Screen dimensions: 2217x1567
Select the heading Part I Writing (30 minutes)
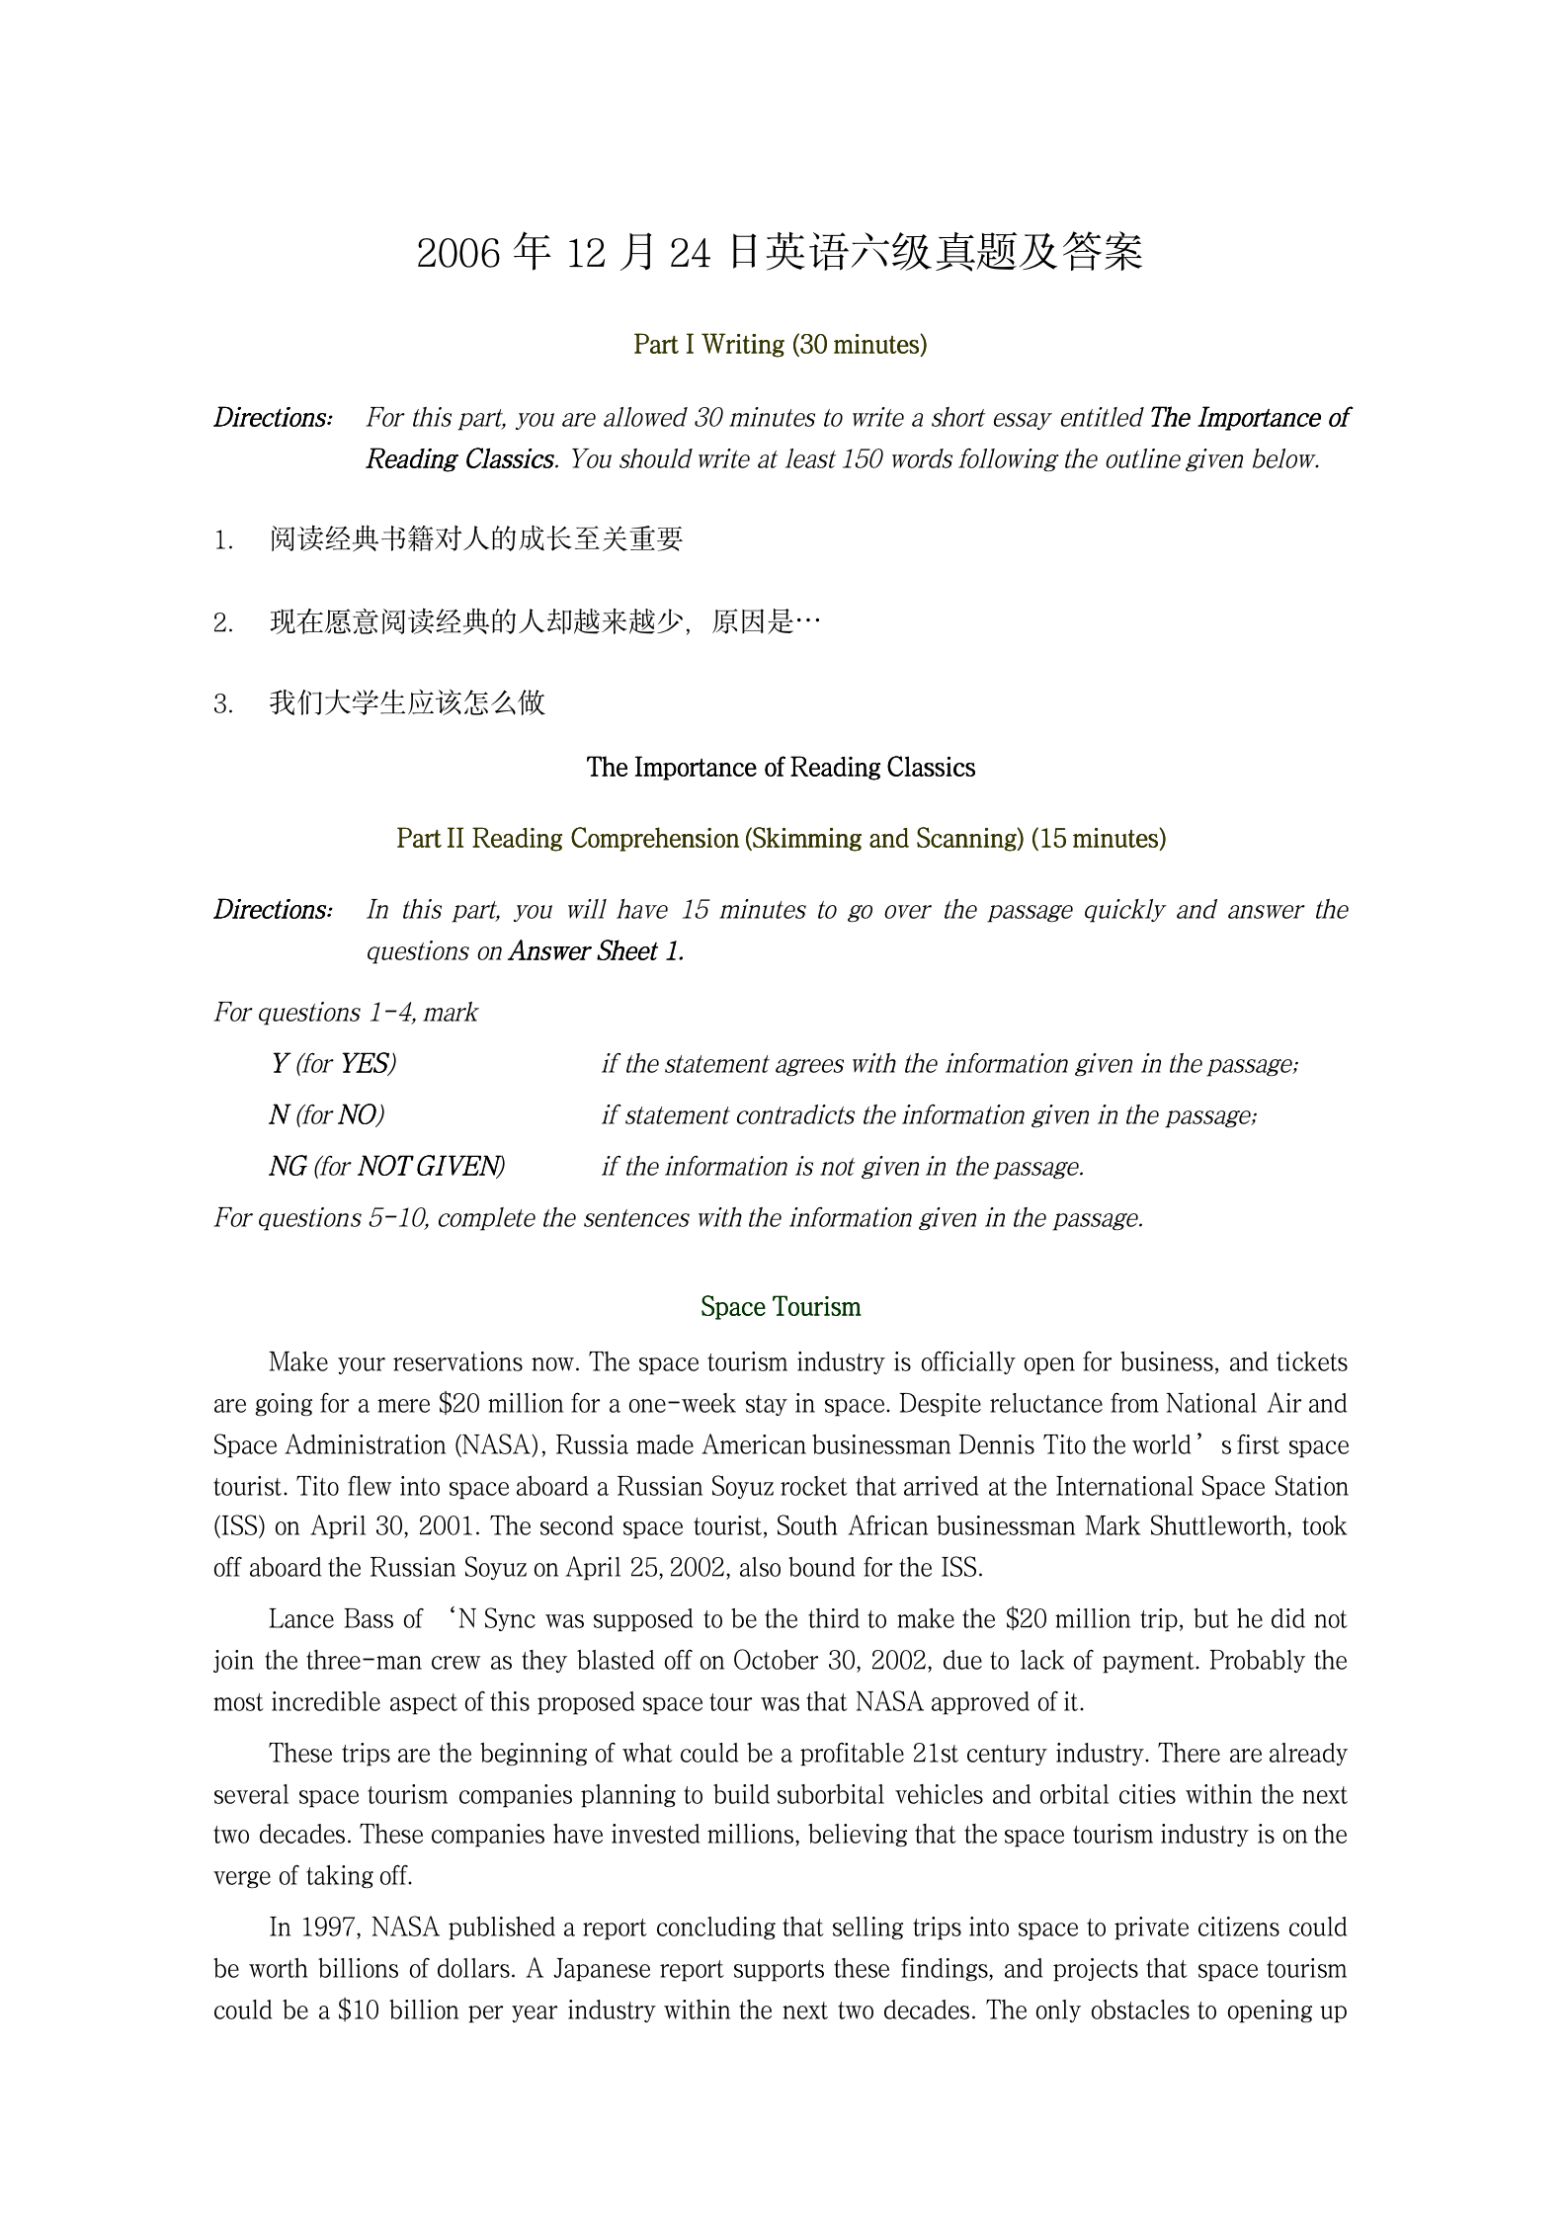[780, 345]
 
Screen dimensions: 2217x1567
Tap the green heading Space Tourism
[780, 1307]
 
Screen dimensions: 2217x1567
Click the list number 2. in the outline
[223, 623]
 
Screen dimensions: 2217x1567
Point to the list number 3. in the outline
[223, 704]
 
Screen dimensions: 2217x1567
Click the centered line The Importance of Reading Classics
[780, 768]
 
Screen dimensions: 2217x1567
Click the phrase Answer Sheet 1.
[596, 951]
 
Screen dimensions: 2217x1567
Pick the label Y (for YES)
[333, 1064]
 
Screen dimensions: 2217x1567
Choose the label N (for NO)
[326, 1115]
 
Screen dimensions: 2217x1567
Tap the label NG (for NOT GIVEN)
[386, 1167]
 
